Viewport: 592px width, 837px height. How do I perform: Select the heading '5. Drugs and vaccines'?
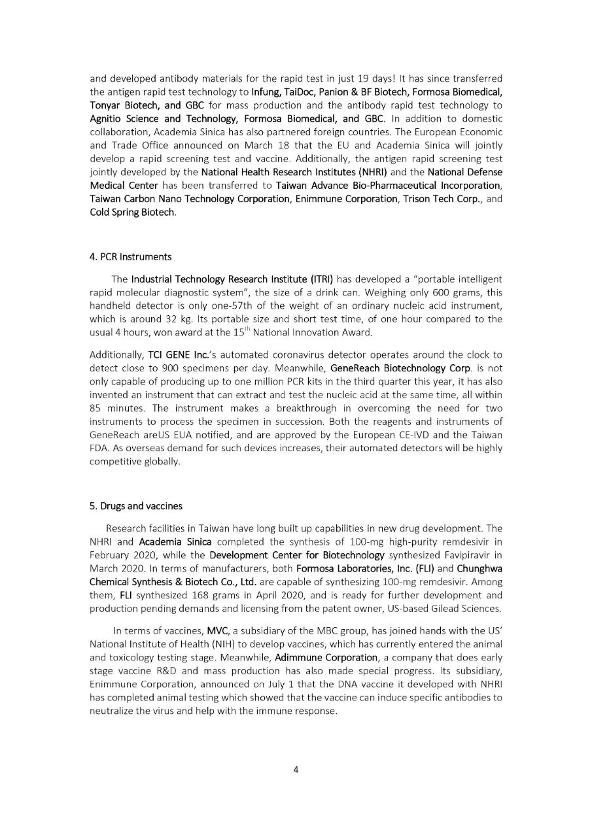pos(136,505)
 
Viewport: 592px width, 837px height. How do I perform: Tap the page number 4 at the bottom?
pos(296,769)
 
